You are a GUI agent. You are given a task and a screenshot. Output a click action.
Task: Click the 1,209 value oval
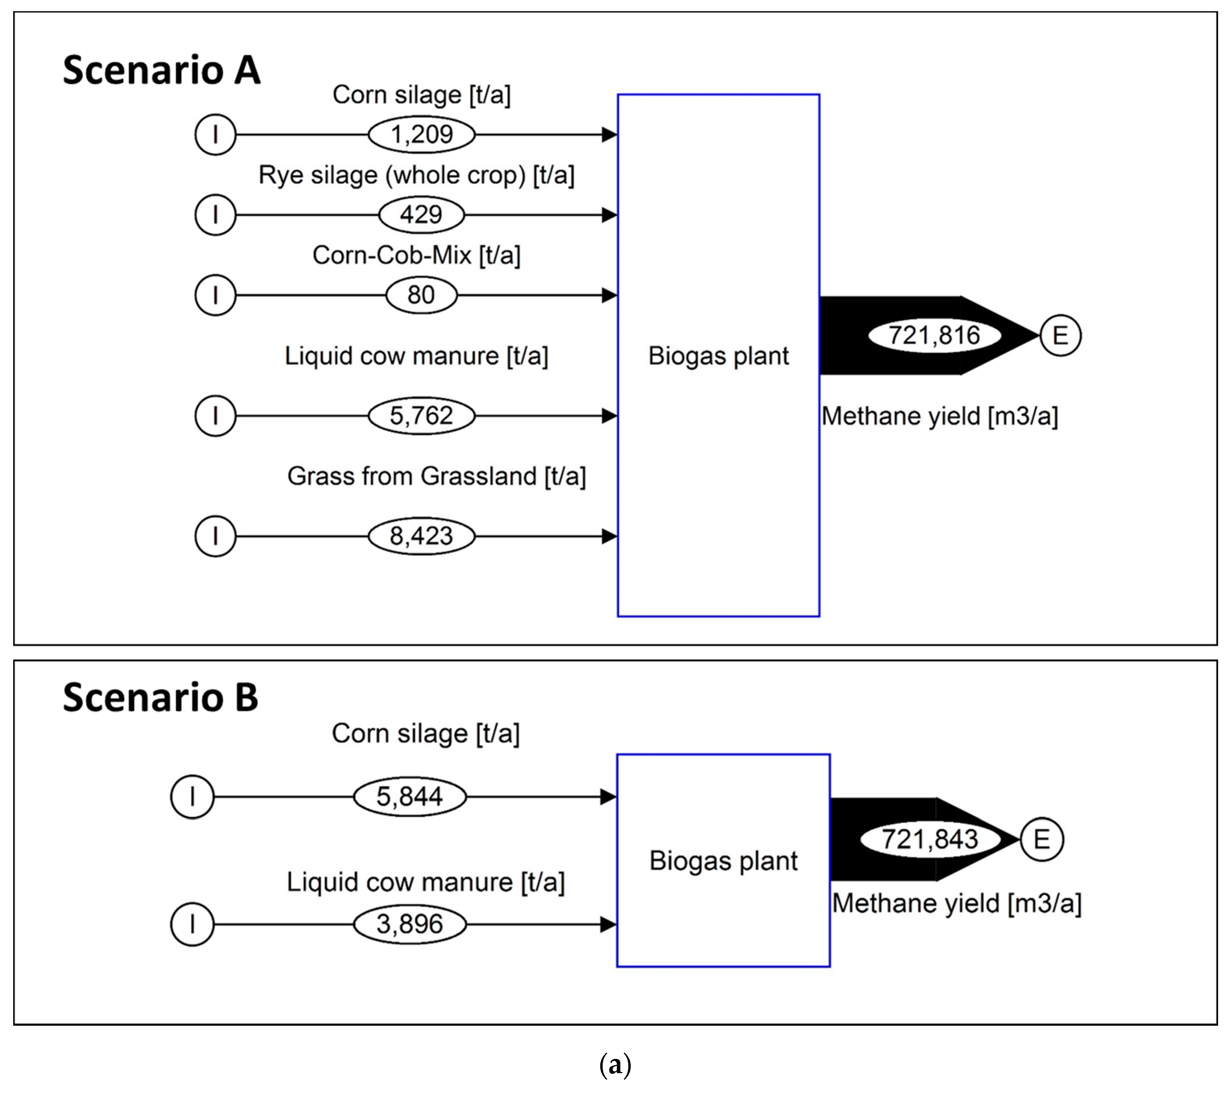pos(421,134)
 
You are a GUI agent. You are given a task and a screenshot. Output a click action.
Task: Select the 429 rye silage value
pos(421,215)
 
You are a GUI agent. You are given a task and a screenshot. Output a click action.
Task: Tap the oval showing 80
pos(421,295)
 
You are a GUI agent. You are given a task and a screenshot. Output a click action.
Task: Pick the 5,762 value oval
pos(421,416)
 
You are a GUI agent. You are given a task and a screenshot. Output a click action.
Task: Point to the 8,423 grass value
pos(421,536)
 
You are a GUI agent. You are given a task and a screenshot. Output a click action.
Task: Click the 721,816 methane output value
pos(934,335)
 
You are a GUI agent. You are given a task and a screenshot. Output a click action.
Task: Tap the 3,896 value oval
pos(410,924)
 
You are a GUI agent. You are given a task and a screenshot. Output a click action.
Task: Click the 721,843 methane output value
pos(930,839)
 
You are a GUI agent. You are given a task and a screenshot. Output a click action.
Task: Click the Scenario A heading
pos(162,70)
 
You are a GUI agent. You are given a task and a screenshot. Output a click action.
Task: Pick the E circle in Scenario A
pos(1061,335)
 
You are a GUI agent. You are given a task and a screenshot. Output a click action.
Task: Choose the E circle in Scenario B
pos(1042,839)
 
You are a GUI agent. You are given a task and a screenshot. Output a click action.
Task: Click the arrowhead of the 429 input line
pos(609,215)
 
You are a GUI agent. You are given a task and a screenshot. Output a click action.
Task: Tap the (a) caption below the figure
pos(615,1065)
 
